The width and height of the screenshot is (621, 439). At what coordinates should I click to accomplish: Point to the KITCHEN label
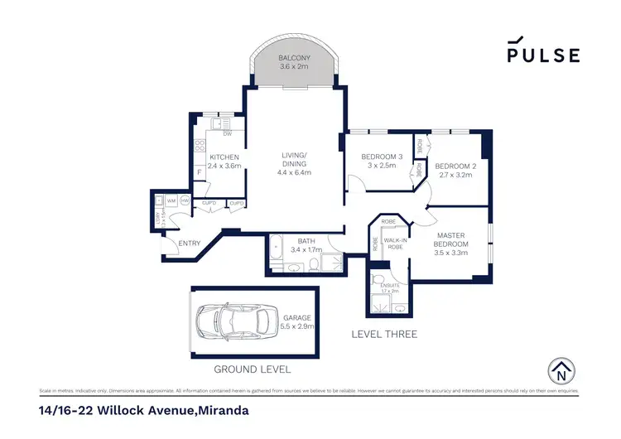(224, 157)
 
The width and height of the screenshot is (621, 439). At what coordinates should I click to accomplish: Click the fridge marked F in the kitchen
(200, 172)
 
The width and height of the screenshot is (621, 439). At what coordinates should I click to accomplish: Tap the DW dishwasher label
(227, 134)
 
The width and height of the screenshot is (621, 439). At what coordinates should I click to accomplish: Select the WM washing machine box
(171, 200)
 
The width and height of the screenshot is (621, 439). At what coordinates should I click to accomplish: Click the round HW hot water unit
(185, 200)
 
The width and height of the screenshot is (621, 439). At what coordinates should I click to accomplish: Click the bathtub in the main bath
(277, 247)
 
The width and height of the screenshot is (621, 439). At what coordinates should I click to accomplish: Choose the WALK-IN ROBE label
(392, 244)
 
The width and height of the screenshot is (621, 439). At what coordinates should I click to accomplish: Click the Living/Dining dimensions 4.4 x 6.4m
(294, 172)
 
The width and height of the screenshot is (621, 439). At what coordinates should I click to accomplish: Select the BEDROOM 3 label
(382, 157)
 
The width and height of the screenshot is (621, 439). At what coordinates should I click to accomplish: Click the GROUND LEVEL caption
(253, 369)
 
